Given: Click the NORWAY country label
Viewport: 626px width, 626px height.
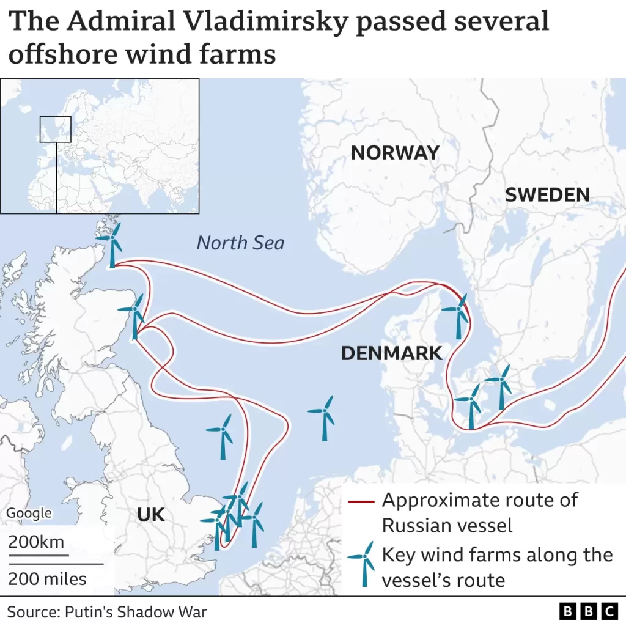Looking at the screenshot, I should (395, 153).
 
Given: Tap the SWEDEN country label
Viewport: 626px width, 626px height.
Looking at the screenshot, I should (547, 195).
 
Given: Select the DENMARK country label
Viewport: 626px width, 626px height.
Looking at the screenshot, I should (391, 353).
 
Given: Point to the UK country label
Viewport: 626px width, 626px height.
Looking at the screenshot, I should (151, 515).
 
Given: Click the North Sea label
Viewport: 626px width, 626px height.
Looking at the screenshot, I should (240, 243).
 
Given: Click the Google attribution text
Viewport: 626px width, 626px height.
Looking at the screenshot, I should (29, 514).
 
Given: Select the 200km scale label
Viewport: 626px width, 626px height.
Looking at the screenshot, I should (36, 542).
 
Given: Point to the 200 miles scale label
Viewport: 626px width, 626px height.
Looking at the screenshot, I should (48, 578).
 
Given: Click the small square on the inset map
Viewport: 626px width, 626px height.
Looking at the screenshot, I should (56, 129).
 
